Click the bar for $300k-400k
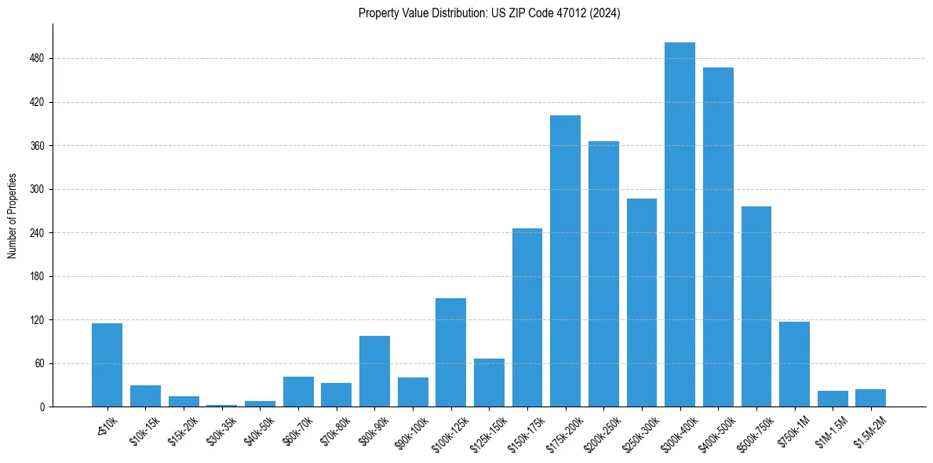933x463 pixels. (x=680, y=224)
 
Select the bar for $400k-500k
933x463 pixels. (x=718, y=237)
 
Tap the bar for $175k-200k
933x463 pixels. (x=565, y=261)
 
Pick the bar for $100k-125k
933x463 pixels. (x=450, y=352)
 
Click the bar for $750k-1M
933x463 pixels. (x=794, y=364)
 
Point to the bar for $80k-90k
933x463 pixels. (x=374, y=371)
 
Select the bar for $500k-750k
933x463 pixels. (x=756, y=307)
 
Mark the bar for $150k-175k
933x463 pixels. (x=527, y=318)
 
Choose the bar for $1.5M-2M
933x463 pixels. (x=870, y=398)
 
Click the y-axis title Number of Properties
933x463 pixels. (x=13, y=216)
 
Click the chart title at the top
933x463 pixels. (x=489, y=13)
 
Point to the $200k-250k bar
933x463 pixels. (x=603, y=274)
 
